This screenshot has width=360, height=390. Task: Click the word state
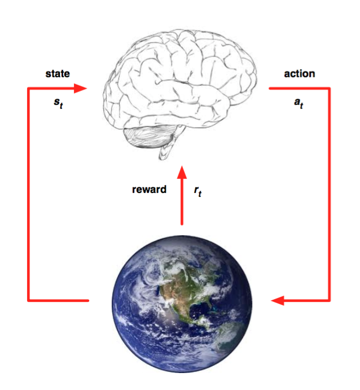coord(58,73)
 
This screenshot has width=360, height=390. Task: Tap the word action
coord(299,73)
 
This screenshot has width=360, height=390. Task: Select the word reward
coord(149,190)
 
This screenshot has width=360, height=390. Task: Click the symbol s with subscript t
coord(59,103)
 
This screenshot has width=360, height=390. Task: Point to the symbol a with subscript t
coord(298,103)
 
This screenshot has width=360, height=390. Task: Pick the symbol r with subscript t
coord(197,191)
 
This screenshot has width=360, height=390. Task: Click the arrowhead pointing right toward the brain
coord(80,88)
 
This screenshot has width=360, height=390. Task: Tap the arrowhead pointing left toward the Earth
coord(278,300)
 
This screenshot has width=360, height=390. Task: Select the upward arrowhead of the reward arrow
coord(182,172)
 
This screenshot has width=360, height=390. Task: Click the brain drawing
coord(180,94)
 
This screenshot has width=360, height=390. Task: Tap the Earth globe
coord(182,304)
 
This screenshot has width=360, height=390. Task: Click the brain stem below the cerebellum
coord(166,148)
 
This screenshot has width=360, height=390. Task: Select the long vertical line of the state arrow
coord(29,195)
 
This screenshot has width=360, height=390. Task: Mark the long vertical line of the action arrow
coord(329,195)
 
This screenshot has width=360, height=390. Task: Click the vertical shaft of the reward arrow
coord(182,201)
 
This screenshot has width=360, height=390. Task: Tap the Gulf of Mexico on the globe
coord(199,308)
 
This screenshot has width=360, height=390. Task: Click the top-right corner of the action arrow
coord(329,89)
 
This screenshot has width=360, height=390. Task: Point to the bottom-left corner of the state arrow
coord(29,300)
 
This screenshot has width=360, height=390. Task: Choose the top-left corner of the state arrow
coord(29,89)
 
